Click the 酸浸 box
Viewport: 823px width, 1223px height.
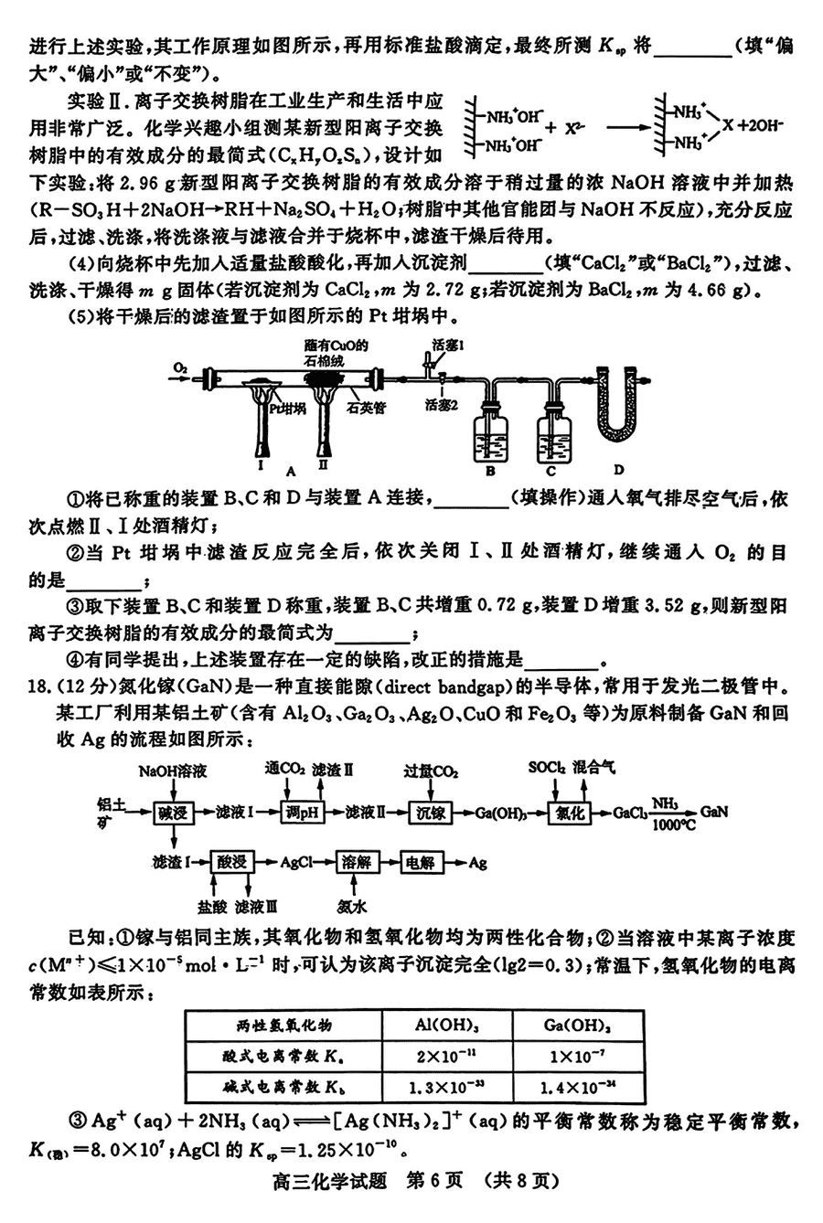point(230,862)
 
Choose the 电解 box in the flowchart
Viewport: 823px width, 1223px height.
point(421,862)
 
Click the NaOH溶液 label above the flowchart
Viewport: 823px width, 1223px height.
point(170,771)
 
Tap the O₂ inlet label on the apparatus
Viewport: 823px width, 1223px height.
point(180,367)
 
